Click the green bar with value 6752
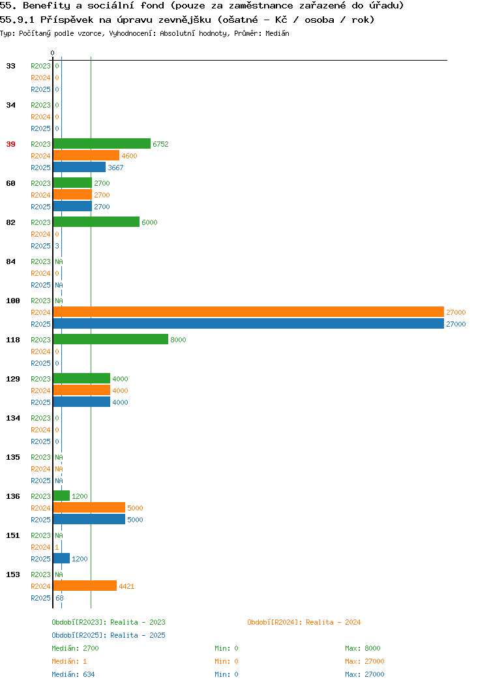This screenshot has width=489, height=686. click(102, 143)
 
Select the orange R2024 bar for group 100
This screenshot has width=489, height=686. click(248, 312)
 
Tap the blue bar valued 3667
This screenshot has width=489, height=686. click(80, 167)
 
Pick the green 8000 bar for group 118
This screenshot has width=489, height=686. click(111, 339)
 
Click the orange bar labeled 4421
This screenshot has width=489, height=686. click(85, 586)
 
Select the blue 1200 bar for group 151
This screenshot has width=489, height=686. click(62, 558)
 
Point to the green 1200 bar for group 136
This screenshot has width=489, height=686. click(62, 496)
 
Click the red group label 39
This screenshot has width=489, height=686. click(10, 144)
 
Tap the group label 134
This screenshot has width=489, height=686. click(12, 418)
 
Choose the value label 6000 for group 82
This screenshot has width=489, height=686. click(149, 222)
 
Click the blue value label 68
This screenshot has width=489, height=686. click(59, 597)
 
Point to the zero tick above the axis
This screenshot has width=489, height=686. click(53, 53)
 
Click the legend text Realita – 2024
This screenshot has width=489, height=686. click(333, 622)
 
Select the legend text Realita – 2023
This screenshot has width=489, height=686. click(138, 622)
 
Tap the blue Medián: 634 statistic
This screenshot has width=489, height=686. click(73, 674)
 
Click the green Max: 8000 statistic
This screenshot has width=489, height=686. click(363, 648)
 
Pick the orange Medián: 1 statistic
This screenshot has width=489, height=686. click(69, 661)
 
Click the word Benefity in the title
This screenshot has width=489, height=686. click(46, 6)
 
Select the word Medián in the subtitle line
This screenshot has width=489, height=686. click(277, 33)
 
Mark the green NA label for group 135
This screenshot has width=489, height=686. click(59, 456)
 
